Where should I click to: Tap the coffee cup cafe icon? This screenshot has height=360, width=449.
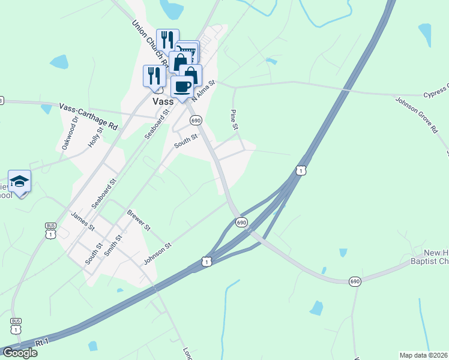tap(182, 86)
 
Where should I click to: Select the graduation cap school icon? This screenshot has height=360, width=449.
tap(19, 181)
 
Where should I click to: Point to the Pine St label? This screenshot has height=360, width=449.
tap(235, 119)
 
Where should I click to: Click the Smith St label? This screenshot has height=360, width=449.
tap(112, 245)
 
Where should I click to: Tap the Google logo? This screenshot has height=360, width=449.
tap(19, 353)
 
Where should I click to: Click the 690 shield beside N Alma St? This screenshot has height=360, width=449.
tap(196, 121)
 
